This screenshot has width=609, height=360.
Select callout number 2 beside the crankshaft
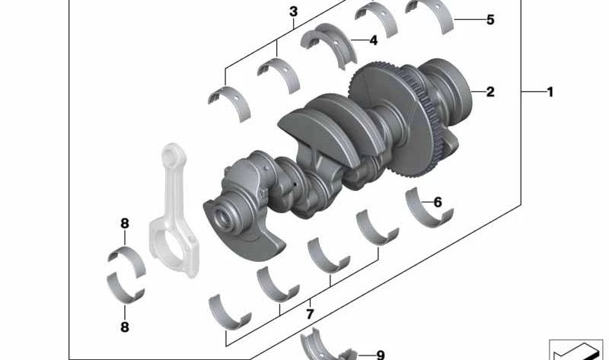(490, 92)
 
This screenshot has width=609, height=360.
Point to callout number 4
(373, 40)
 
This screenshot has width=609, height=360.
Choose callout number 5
(490, 20)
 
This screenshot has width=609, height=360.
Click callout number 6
(437, 202)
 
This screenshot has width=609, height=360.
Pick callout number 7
(310, 314)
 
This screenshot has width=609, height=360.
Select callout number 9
(380, 354)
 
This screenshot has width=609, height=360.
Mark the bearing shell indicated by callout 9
(324, 346)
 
